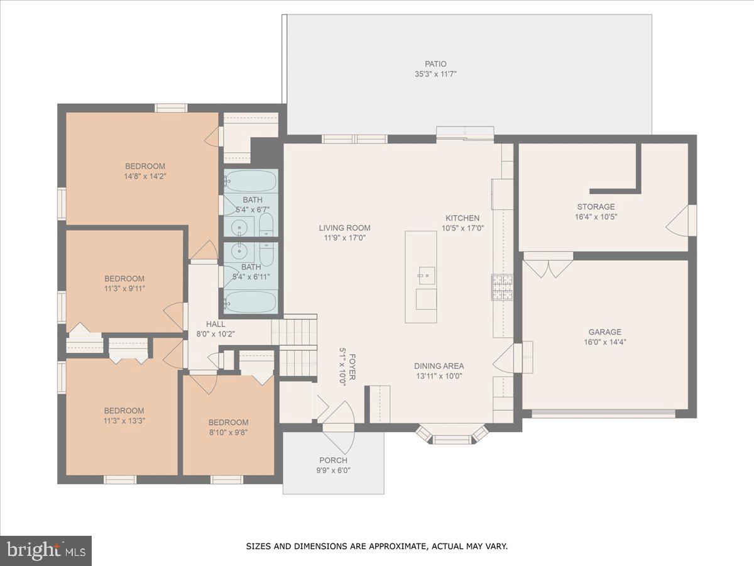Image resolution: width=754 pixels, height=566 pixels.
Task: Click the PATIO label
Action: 435,64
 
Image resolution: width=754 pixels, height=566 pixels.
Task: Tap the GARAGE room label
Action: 604,332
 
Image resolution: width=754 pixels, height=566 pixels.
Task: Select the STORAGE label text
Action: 596,206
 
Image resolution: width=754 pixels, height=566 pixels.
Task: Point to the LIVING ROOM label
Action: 344,228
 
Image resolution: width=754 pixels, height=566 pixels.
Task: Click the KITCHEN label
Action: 462,218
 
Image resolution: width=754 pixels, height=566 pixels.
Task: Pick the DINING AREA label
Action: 439,366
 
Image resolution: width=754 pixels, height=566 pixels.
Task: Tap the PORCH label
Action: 333,460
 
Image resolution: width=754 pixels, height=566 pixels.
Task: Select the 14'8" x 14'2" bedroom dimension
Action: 145,176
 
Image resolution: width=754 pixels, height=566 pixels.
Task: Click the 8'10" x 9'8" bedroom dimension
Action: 228,433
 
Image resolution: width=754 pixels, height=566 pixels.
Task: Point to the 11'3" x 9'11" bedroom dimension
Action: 124,289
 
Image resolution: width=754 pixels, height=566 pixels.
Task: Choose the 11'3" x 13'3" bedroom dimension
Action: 124,421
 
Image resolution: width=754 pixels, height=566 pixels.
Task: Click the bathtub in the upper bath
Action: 251,182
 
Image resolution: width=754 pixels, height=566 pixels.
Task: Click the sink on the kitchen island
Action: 427,275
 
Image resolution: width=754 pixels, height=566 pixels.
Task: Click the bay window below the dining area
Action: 452,436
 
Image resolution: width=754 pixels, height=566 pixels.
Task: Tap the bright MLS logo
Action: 46,550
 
